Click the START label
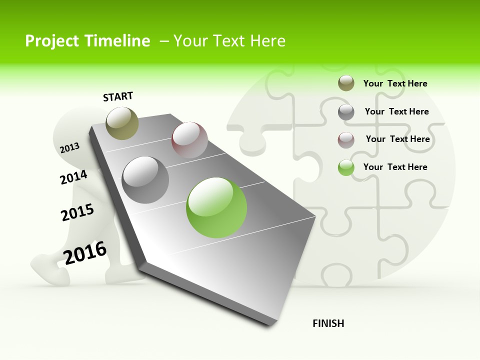[x=118, y=96]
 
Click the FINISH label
[x=328, y=323]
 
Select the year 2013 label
[x=70, y=147]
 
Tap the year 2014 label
[x=73, y=177]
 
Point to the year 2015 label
[x=77, y=212]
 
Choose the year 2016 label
[x=85, y=252]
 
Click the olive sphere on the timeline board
[x=122, y=123]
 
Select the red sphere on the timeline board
[x=189, y=140]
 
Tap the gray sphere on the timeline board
[x=145, y=180]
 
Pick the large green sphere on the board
[x=216, y=207]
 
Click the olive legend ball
[x=346, y=83]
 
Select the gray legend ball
[x=346, y=112]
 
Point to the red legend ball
[x=346, y=140]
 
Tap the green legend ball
[x=346, y=167]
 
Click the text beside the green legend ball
[x=395, y=167]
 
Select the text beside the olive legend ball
[x=395, y=83]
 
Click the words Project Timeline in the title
[x=87, y=41]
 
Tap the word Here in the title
[x=267, y=41]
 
